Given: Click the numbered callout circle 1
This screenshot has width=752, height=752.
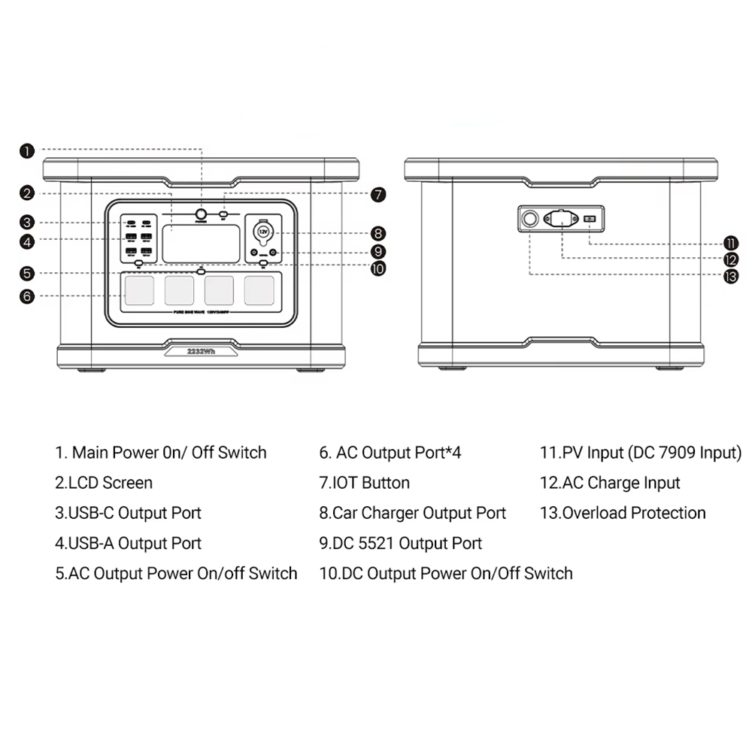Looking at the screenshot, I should [x=27, y=151].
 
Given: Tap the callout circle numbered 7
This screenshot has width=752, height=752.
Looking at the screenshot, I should [x=378, y=194].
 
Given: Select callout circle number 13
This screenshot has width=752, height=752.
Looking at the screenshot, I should [x=730, y=276].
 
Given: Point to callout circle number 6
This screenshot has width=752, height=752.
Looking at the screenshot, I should [x=27, y=296].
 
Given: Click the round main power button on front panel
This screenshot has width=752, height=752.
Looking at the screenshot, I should [x=202, y=214].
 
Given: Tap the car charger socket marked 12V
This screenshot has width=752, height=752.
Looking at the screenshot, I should [x=263, y=232].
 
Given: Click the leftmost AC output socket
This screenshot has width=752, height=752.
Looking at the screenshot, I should [x=139, y=290].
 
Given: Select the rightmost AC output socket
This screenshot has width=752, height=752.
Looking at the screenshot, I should [x=259, y=290].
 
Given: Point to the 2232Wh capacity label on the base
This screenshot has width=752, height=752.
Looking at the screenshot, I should [x=201, y=350].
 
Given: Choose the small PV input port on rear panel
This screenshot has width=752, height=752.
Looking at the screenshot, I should [x=590, y=219].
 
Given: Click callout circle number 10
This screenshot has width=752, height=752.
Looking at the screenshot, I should [x=378, y=268].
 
